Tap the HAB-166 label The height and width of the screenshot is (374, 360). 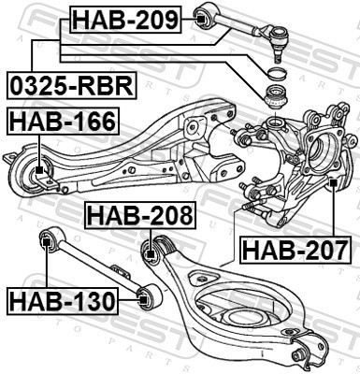[61, 121]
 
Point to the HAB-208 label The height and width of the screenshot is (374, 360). [140, 216]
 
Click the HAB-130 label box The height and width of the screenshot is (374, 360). [62, 301]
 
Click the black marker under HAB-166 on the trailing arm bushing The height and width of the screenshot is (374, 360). [39, 171]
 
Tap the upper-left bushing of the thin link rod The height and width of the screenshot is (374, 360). [47, 241]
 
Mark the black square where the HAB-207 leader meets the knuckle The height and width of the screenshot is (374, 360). [333, 183]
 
